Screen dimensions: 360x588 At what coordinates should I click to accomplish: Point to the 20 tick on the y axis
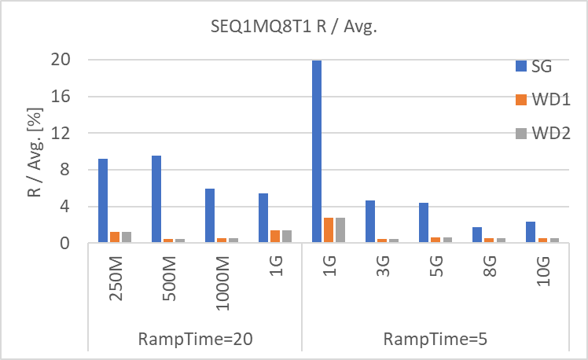[61, 60]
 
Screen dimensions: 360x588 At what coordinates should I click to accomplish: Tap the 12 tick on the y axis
[61, 134]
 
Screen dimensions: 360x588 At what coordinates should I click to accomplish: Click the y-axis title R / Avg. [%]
[35, 151]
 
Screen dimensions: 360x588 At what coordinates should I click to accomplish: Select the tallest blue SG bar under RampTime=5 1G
[316, 152]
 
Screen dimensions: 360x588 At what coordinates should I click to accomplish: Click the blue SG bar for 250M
[103, 201]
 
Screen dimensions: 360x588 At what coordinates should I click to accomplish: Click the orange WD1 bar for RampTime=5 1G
[329, 230]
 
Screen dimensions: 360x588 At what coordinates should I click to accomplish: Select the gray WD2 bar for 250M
[127, 237]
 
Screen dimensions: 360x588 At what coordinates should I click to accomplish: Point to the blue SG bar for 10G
[530, 233]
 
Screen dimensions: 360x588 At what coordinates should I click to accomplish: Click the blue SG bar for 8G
[476, 235]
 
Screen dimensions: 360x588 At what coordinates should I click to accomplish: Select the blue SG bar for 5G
[423, 223]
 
